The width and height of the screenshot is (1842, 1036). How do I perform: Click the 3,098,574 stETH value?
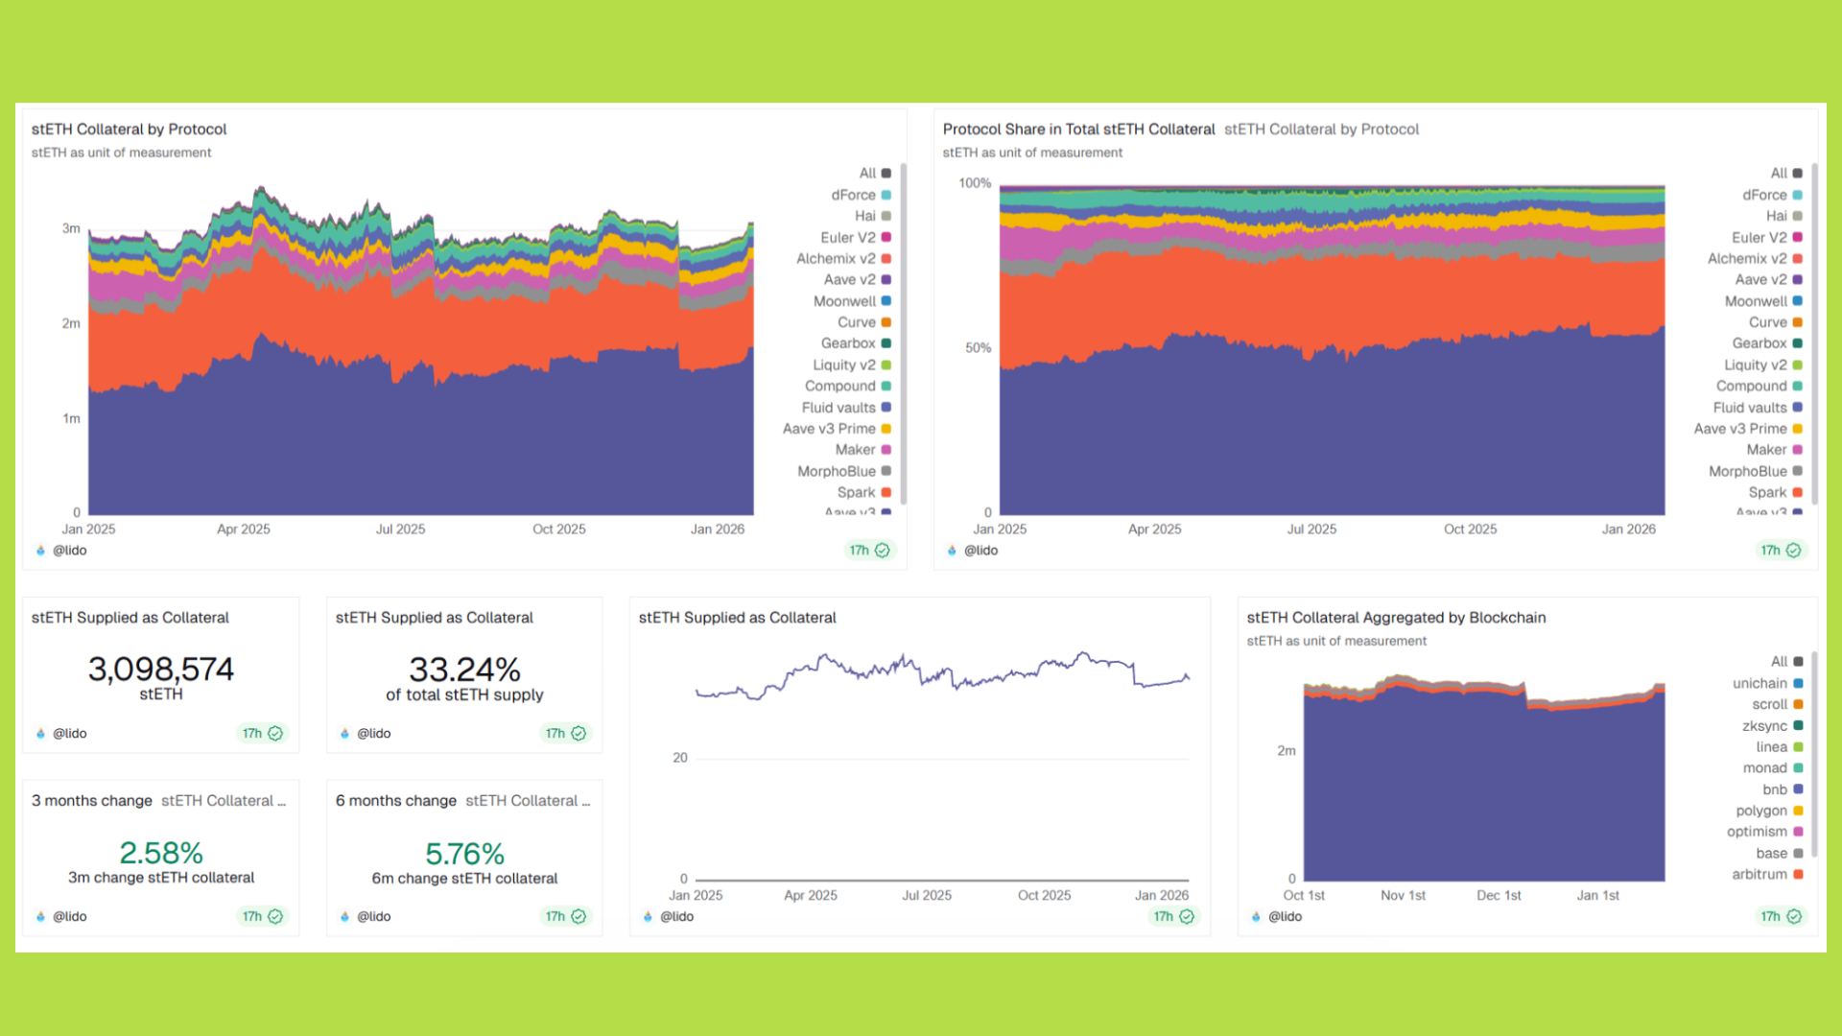pos(160,670)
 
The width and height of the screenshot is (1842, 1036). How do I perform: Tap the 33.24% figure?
pos(464,670)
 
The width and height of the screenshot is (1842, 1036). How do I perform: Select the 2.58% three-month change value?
pos(160,853)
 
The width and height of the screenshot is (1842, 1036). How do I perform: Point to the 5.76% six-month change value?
pos(464,854)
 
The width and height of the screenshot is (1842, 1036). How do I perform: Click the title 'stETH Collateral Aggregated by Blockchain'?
pos(1396,618)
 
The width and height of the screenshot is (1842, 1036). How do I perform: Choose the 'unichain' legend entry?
pos(1759,683)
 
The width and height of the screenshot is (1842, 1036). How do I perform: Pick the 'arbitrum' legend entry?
pos(1759,874)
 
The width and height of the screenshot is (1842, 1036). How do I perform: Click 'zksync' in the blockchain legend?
pos(1764,726)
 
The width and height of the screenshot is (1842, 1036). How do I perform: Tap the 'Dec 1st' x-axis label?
pos(1499,895)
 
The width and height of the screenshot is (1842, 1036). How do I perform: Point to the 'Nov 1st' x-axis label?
pos(1403,895)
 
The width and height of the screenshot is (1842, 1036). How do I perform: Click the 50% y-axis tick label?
pos(978,347)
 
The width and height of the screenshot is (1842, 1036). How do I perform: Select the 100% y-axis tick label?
pos(975,183)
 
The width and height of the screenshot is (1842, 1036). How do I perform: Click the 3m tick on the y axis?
pos(71,228)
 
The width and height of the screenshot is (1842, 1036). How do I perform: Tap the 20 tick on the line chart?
pos(680,758)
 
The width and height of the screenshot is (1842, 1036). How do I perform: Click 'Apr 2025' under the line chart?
pos(810,895)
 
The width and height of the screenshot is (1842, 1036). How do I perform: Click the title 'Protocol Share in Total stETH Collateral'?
pos(1078,129)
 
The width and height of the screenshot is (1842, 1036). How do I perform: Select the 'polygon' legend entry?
pos(1761,811)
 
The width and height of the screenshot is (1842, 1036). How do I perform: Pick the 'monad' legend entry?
pos(1764,767)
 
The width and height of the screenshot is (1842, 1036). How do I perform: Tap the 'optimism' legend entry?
pos(1757,832)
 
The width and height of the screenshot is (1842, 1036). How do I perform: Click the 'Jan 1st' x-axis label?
pos(1597,895)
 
